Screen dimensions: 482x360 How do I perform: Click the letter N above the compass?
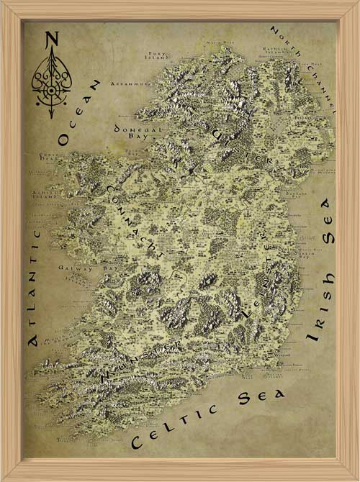[x=52, y=40]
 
